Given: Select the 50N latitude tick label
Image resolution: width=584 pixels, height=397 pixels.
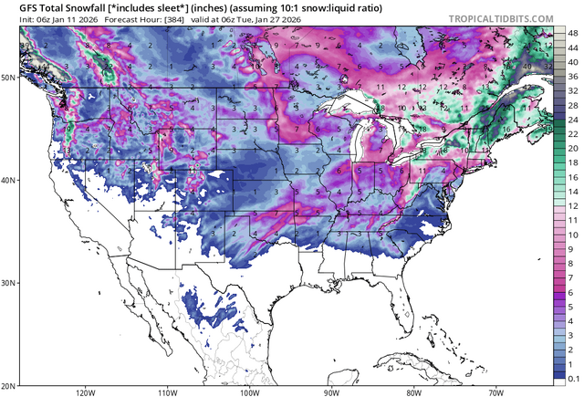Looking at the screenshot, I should tap(8, 78).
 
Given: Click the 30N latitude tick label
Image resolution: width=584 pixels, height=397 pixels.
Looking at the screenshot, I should tap(8, 283).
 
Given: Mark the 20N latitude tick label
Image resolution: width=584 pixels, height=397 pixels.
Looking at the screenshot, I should tap(8, 384).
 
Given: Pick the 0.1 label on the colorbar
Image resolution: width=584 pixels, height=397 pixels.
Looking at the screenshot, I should tap(571, 376).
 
